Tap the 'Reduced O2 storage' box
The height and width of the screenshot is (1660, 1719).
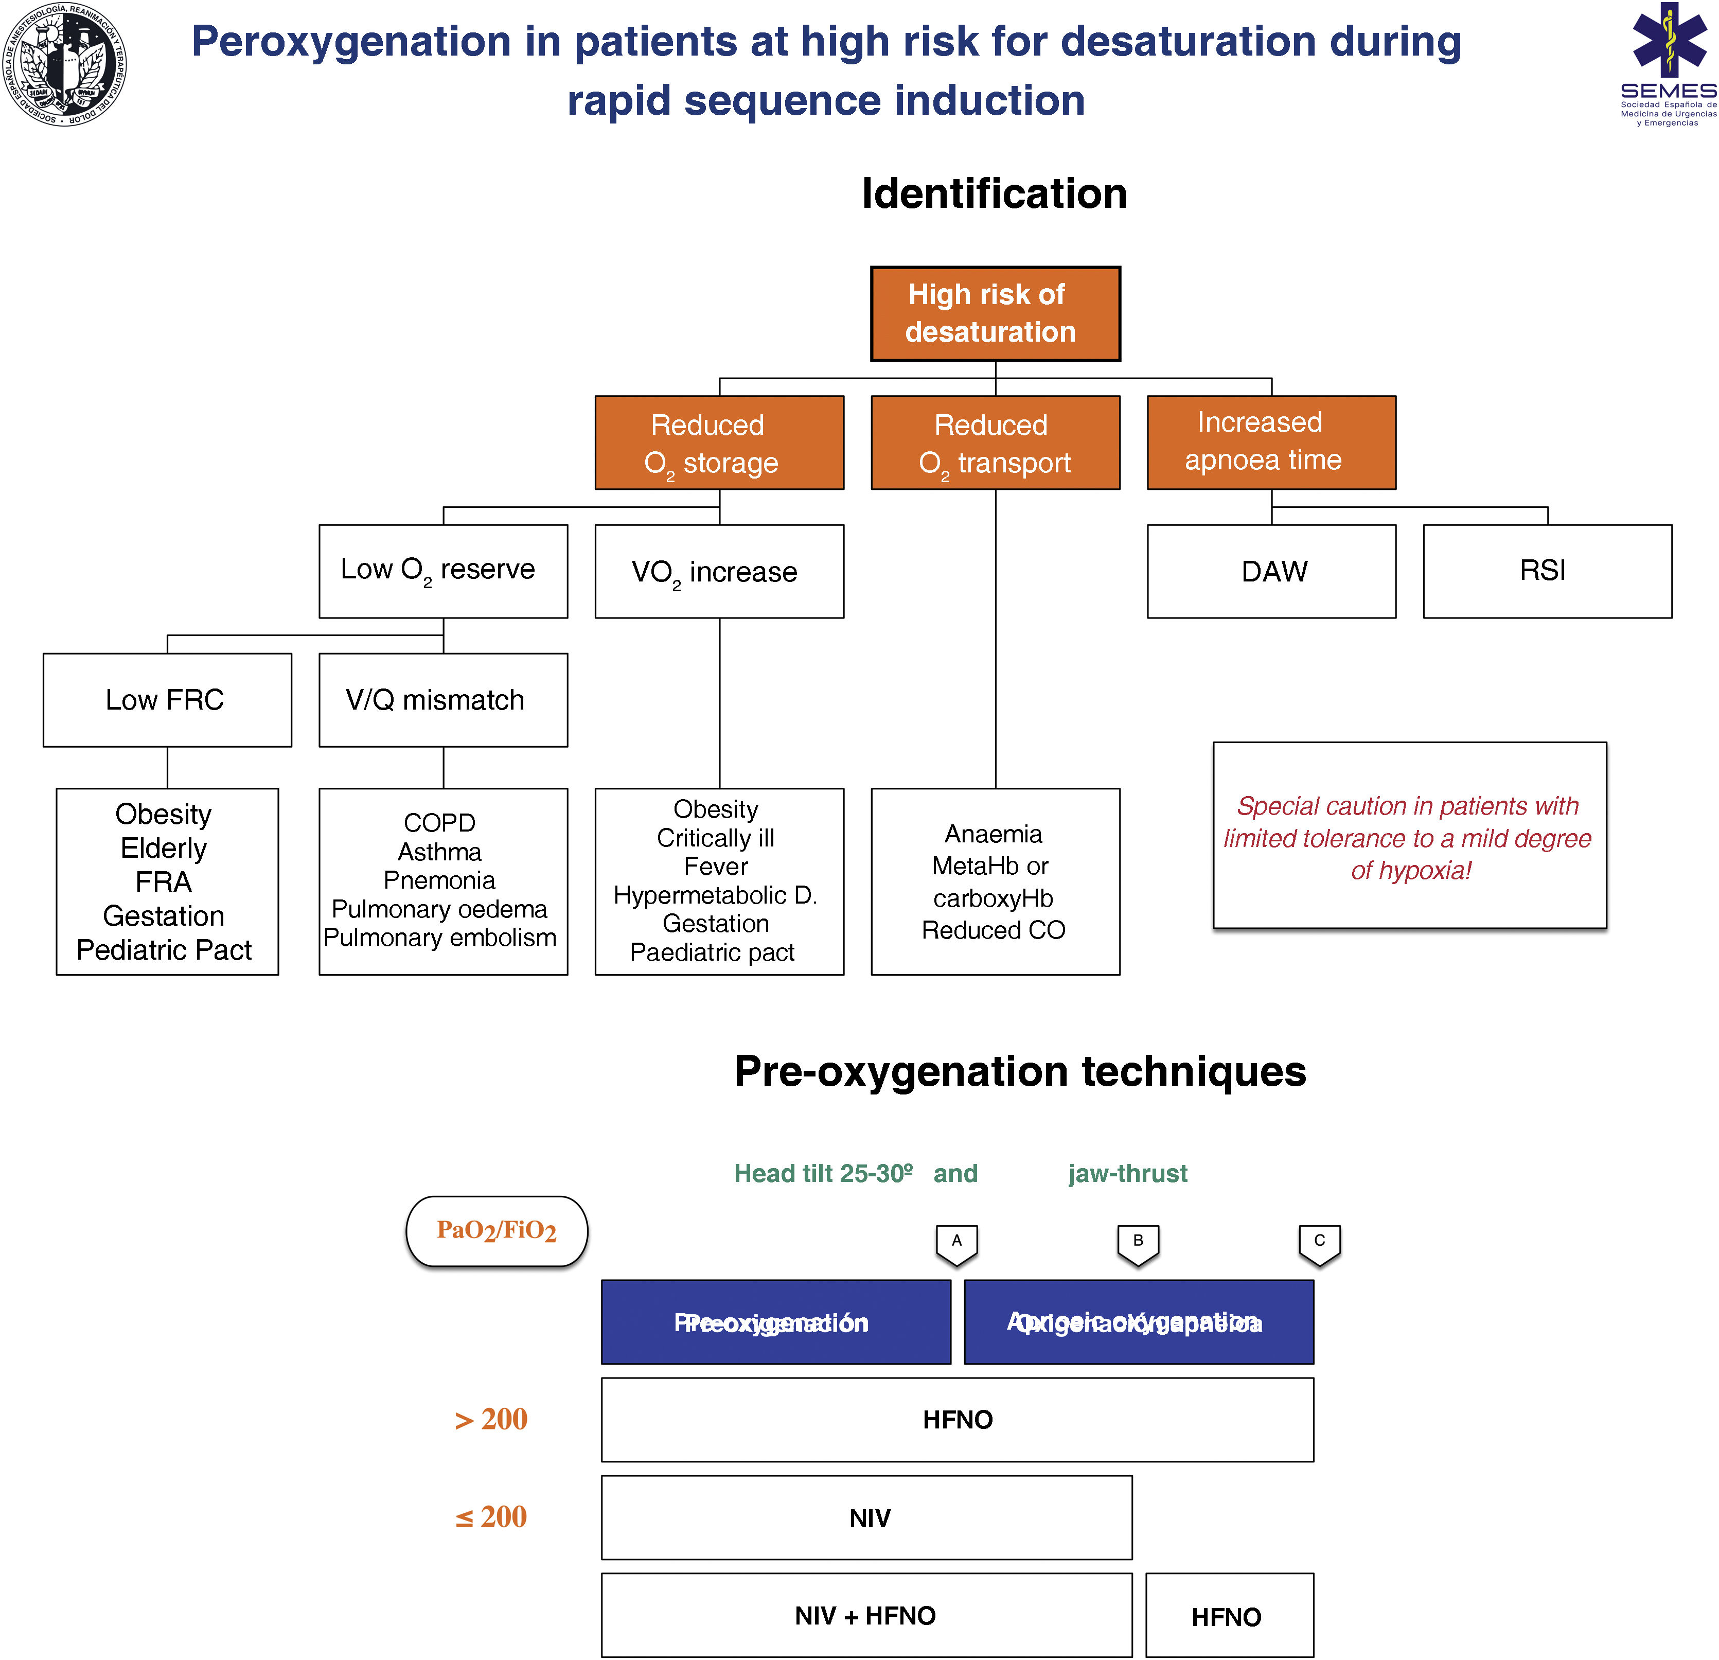[x=719, y=443]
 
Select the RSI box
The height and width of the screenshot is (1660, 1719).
[x=1547, y=571]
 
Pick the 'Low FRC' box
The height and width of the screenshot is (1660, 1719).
[x=167, y=700]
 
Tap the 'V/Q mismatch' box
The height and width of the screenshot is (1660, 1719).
[x=443, y=700]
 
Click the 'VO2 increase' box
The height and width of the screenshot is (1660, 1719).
[x=719, y=571]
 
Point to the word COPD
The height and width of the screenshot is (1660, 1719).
[x=439, y=823]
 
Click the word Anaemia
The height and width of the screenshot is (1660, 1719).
[x=993, y=834]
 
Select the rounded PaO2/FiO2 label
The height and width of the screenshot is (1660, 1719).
[x=497, y=1231]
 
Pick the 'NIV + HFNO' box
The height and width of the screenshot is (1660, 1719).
[x=865, y=1615]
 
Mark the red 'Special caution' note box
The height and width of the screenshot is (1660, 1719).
[x=1409, y=836]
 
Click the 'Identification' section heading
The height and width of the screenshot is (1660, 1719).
[x=994, y=194]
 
